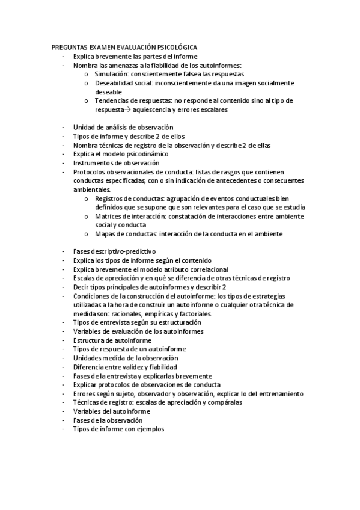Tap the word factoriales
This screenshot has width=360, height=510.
coord(194,313)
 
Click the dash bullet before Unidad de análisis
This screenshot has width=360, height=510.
coord(63,127)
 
